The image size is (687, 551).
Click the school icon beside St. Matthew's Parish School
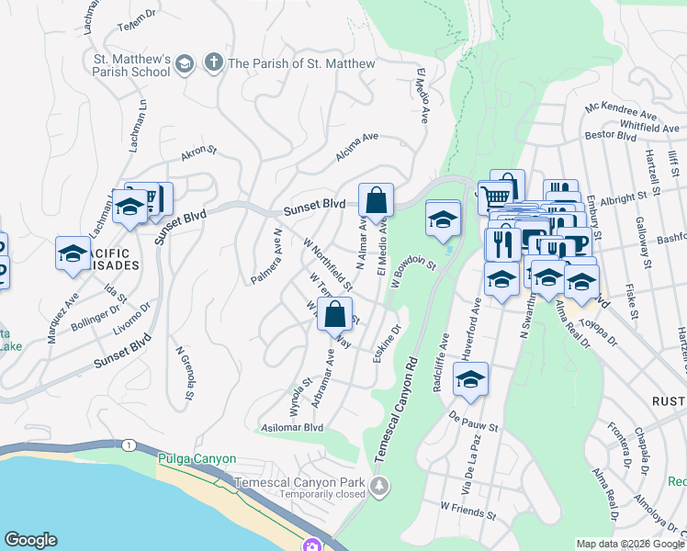[x=185, y=63]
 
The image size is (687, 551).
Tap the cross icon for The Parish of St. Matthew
[x=213, y=63]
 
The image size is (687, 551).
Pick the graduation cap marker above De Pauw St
[x=470, y=380]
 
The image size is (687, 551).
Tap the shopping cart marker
[x=495, y=196]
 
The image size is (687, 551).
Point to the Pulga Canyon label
[x=197, y=458]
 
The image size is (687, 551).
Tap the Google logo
[x=30, y=540]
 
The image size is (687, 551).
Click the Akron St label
[x=198, y=154]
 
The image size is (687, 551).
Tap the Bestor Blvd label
[x=611, y=136]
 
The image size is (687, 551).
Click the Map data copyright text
[x=628, y=544]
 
